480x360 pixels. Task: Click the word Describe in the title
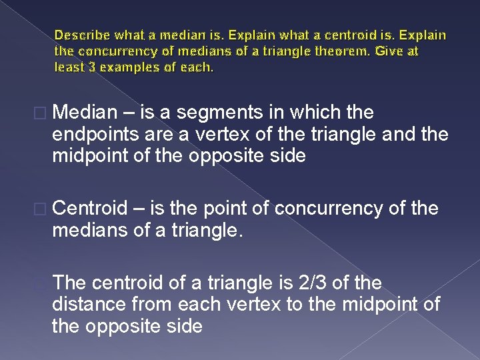coord(81,35)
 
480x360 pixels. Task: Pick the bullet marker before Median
coord(43,112)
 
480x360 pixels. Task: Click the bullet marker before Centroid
coord(43,209)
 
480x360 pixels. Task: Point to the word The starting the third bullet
coord(70,284)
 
